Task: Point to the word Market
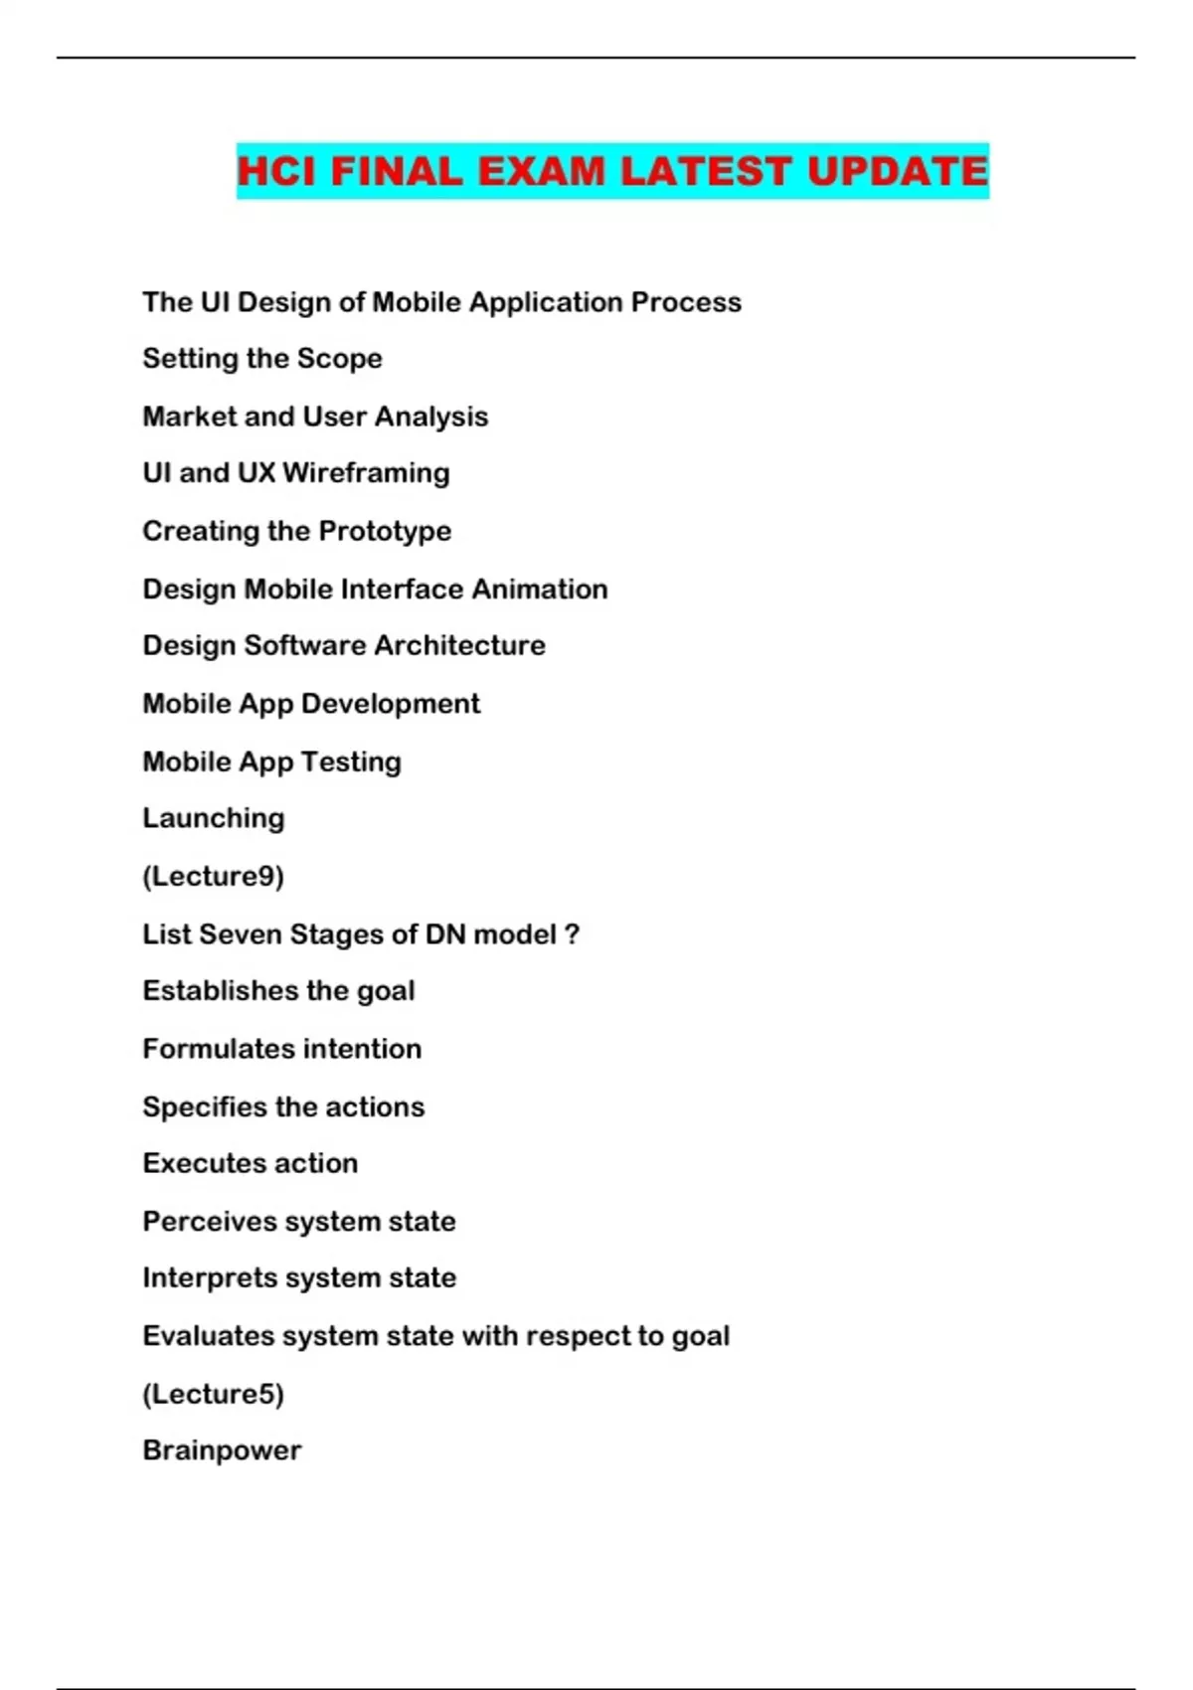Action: point(189,416)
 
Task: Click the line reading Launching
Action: point(214,818)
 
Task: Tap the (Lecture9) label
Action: point(214,876)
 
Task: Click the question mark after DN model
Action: point(572,934)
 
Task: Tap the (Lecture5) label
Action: point(214,1394)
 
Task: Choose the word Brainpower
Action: point(222,1450)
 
